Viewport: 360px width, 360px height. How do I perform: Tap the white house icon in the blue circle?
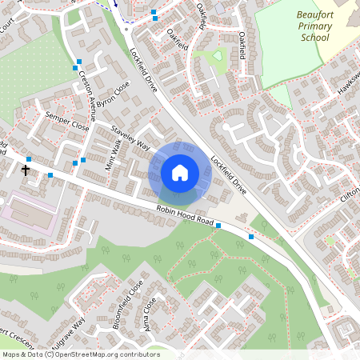[180, 173]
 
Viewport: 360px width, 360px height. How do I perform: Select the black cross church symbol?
[26, 170]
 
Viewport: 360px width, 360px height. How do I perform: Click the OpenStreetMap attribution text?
[80, 354]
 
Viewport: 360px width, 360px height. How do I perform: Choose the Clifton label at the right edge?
[350, 197]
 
